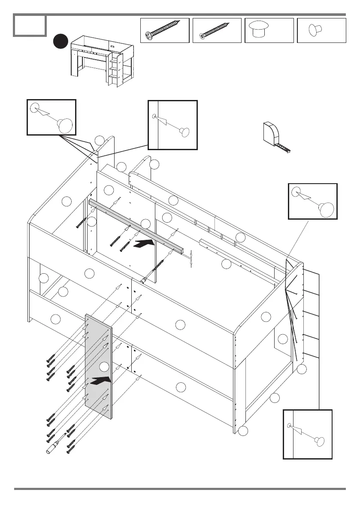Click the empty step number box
click(x=30, y=25)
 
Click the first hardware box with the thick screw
click(x=165, y=30)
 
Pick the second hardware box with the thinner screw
click(x=217, y=30)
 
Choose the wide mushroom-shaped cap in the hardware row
click(x=259, y=29)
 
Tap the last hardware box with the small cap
click(x=321, y=30)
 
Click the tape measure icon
click(x=274, y=137)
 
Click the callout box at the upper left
click(x=51, y=117)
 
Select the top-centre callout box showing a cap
click(x=172, y=125)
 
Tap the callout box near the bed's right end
click(x=312, y=201)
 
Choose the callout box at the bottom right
click(x=308, y=434)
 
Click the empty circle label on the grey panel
click(x=104, y=366)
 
